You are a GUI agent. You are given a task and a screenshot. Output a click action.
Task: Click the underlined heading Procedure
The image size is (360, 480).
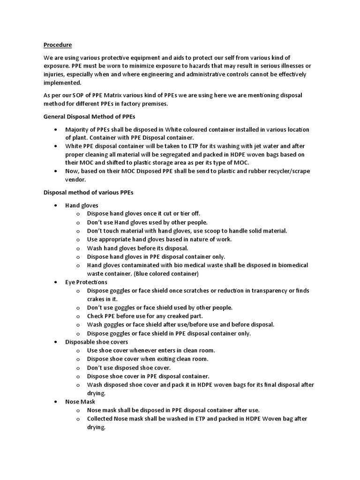coord(58,45)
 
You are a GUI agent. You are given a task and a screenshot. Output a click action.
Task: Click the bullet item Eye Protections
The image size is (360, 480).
coord(86,282)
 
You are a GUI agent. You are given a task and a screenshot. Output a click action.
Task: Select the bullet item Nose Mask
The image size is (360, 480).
coord(80,402)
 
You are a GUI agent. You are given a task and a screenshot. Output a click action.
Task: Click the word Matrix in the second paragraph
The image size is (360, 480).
coord(121,95)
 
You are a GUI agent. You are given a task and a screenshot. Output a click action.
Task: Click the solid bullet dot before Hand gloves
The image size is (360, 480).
coord(56,205)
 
